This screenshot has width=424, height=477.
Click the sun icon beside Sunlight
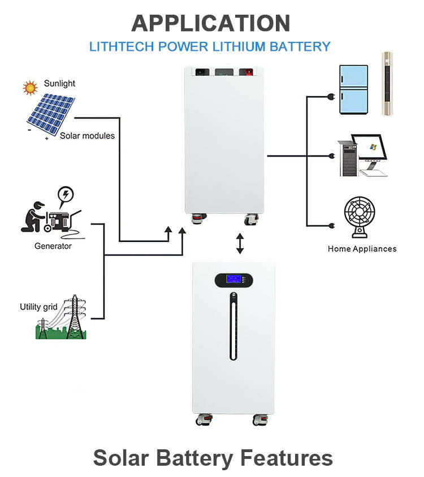(30, 88)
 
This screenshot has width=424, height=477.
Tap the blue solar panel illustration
(51, 115)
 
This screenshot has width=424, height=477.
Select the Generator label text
(53, 246)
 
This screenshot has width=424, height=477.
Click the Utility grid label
(38, 307)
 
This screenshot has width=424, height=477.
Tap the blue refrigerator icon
(354, 89)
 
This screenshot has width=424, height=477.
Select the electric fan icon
(360, 217)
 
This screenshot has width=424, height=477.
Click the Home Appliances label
(362, 249)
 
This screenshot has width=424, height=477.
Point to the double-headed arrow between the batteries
(240, 244)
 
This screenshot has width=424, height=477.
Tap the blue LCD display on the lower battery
(233, 279)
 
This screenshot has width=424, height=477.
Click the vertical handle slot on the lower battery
(233, 327)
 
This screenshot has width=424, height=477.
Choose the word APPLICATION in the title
(211, 23)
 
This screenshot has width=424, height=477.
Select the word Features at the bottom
(286, 458)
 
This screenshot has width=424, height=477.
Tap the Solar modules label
(87, 136)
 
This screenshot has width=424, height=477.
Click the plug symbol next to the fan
(332, 226)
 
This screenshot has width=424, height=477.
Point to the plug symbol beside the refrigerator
(331, 97)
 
